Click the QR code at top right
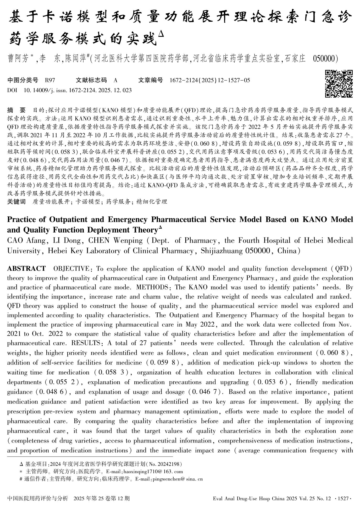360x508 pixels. pos(339,84)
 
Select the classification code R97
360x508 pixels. pos(50,80)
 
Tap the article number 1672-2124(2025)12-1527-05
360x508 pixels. pos(210,80)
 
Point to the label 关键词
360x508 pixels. pos(16,202)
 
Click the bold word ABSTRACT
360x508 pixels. pos(26,269)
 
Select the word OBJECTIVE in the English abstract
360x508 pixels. pos(71,269)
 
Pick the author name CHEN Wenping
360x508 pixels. pos(115,240)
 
